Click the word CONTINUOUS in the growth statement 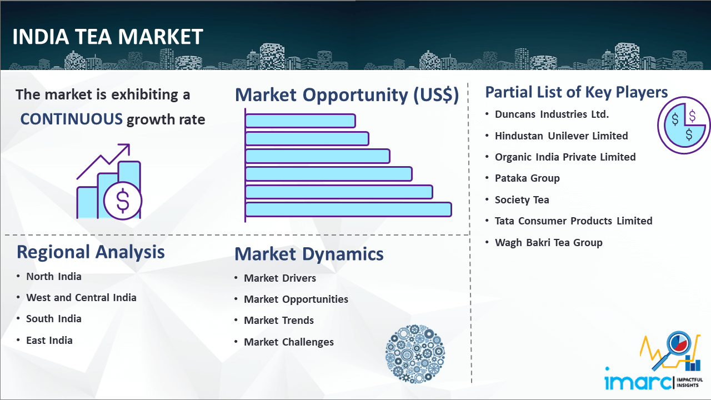pyautogui.click(x=72, y=119)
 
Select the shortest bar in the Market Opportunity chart pyautogui.click(x=301, y=121)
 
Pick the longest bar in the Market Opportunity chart pyautogui.click(x=348, y=210)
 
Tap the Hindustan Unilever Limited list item pyautogui.click(x=561, y=136)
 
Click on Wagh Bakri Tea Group pyautogui.click(x=548, y=243)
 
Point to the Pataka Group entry pyautogui.click(x=527, y=178)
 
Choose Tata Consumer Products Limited pyautogui.click(x=574, y=221)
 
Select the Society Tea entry pyautogui.click(x=522, y=199)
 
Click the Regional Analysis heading pyautogui.click(x=91, y=252)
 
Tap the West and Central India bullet pyautogui.click(x=81, y=298)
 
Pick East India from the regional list pyautogui.click(x=49, y=341)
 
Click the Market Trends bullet pyautogui.click(x=279, y=321)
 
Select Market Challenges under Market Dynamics pyautogui.click(x=288, y=342)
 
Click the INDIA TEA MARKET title pyautogui.click(x=108, y=37)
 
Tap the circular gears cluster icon pyautogui.click(x=415, y=354)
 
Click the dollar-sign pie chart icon pyautogui.click(x=684, y=126)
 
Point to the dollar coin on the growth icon pyautogui.click(x=123, y=201)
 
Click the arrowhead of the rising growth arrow pyautogui.click(x=126, y=148)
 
